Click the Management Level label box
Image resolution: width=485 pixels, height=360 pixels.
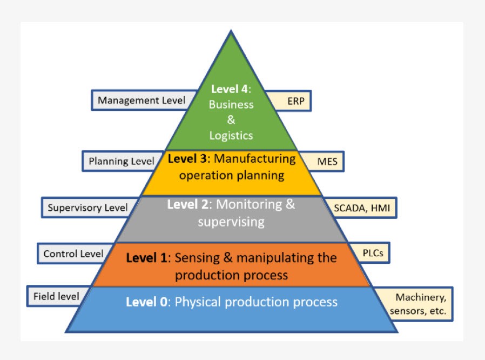coord(142,100)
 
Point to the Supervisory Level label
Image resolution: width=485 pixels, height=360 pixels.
coord(87,208)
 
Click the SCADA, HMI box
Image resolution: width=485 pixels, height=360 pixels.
coord(361,208)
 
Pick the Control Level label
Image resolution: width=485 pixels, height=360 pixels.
coord(73,254)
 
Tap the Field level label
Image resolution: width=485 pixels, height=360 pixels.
coord(56,296)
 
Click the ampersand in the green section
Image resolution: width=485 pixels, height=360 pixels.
coord(231,120)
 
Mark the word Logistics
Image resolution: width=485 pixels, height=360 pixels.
coord(231,135)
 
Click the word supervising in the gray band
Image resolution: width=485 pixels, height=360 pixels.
coord(231,222)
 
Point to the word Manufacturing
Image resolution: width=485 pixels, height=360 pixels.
coord(256,159)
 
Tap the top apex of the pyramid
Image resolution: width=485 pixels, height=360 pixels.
coord(231,32)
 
